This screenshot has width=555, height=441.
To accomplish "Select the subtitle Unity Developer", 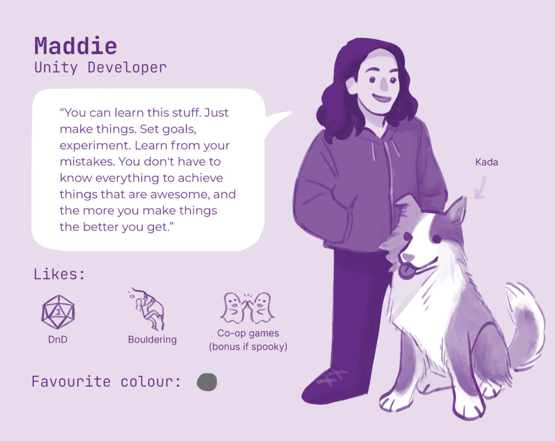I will click(100, 68).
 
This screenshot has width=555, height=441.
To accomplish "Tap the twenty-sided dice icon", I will click(58, 312).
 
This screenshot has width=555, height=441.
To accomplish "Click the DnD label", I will click(57, 339).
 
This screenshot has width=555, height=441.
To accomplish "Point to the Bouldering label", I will click(152, 340).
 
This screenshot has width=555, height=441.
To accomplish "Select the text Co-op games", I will click(248, 334).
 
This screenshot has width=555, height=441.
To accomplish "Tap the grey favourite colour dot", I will click(206, 382).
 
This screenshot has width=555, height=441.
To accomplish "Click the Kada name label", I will click(486, 162).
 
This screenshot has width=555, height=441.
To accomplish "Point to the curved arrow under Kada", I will click(480, 187).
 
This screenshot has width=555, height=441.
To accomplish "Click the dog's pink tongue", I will click(405, 270).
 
